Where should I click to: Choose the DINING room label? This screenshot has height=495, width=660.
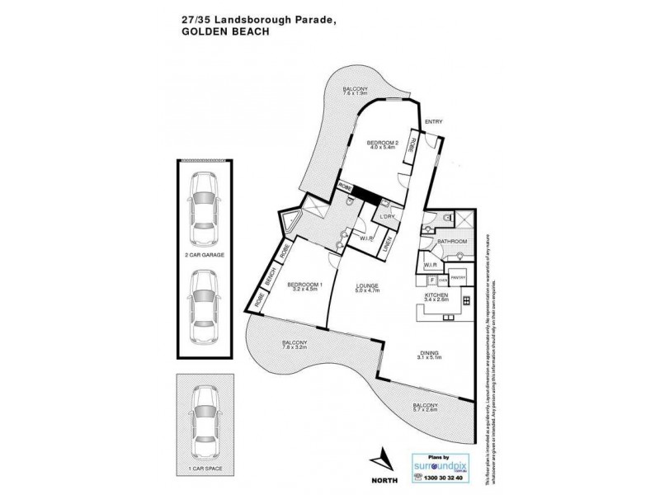(x=431, y=352)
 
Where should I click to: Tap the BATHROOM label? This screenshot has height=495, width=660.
(x=451, y=242)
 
